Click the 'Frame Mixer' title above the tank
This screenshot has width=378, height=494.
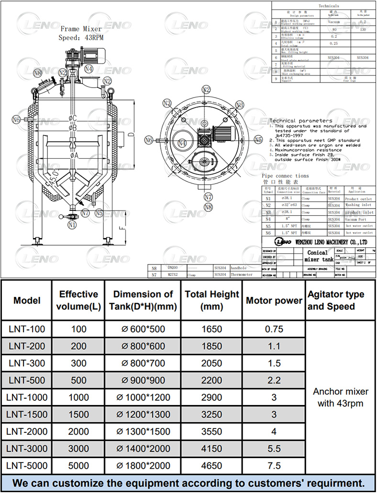(81, 29)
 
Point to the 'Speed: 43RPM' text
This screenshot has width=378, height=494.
(81, 38)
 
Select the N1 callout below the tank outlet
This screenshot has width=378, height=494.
(72, 224)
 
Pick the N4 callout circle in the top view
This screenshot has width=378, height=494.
(182, 143)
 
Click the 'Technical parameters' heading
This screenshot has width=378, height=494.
(300, 121)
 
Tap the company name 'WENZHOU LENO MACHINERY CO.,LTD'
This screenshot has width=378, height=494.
(331, 242)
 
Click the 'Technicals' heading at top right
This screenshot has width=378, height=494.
(328, 6)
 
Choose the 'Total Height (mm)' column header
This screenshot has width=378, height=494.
(211, 300)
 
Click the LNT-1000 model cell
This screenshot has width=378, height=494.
(27, 397)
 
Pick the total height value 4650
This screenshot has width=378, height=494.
(211, 465)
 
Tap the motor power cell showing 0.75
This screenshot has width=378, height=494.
(274, 329)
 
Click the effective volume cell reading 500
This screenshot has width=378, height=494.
(78, 380)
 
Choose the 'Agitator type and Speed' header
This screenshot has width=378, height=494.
(336, 300)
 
